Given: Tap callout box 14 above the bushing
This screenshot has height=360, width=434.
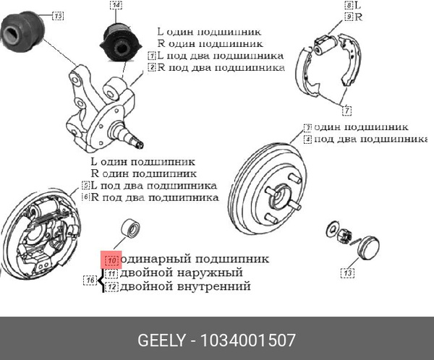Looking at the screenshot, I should click(x=116, y=6).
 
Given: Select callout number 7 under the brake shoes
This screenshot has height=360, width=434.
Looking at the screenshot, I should click(x=347, y=111).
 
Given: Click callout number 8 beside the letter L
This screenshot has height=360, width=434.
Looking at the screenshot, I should click(x=348, y=6).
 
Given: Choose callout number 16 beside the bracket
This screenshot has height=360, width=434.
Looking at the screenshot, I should click(x=90, y=280).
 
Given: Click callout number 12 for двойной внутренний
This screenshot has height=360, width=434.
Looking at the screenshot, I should click(x=111, y=286).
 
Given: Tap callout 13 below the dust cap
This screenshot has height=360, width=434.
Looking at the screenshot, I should click(x=348, y=273).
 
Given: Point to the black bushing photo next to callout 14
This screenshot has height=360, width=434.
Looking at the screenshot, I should click(x=119, y=41).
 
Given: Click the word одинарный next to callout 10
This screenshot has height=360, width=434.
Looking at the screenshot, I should click(x=156, y=259).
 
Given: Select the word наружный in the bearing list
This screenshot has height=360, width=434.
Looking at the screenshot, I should click(x=210, y=273).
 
